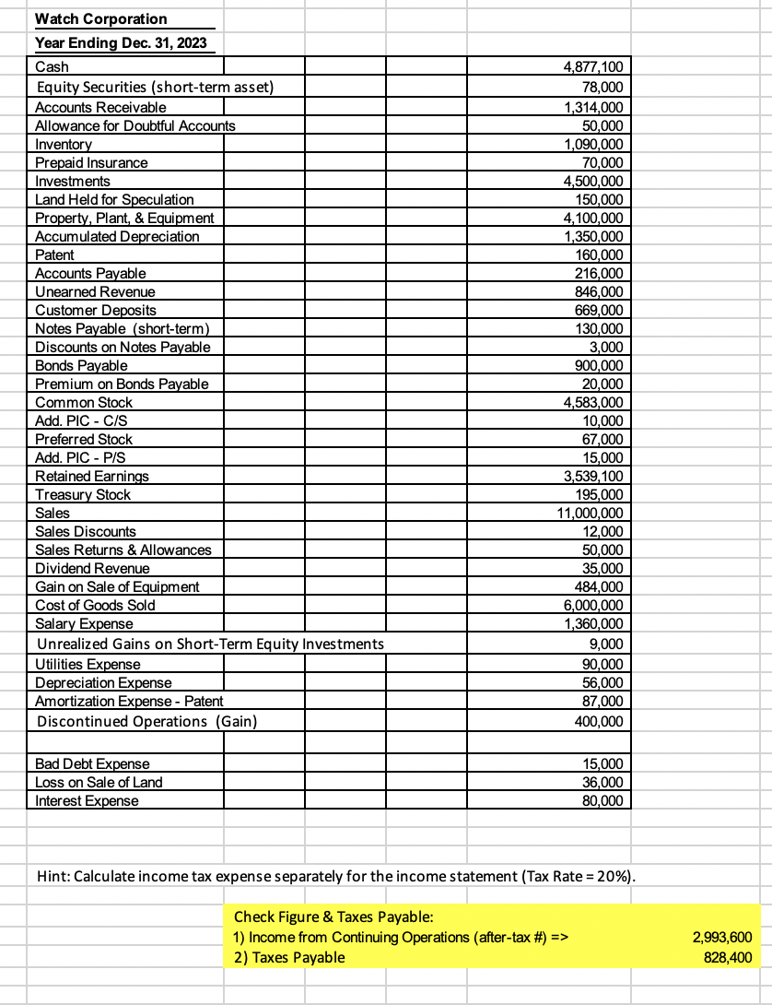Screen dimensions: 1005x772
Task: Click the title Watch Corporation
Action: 101,19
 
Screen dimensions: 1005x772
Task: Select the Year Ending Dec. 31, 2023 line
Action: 121,43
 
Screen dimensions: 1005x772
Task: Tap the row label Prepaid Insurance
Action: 91,163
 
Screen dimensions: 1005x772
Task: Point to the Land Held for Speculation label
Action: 114,200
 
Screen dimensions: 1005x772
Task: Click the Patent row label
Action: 54,255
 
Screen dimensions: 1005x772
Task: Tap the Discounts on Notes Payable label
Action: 123,348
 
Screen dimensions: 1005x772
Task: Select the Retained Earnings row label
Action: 91,477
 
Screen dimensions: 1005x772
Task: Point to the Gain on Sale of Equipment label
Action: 117,587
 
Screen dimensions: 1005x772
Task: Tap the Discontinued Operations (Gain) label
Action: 146,721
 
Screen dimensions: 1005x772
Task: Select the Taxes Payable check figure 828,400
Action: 721,957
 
